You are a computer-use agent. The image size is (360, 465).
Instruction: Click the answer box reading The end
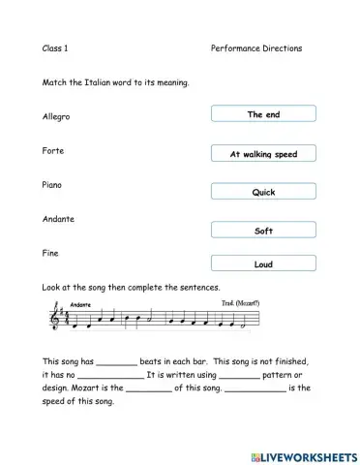263,114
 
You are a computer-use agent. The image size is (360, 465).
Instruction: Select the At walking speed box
263,154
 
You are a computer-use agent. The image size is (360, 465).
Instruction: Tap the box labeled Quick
263,192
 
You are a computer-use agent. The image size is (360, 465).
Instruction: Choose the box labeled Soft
263,232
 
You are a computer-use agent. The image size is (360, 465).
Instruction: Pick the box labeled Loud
263,263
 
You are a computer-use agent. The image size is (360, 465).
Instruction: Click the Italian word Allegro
56,117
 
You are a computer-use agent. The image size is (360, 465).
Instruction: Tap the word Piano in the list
52,184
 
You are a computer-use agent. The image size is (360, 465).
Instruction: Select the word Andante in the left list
58,219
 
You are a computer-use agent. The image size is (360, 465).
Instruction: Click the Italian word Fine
50,253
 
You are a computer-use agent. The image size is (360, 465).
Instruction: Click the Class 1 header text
55,47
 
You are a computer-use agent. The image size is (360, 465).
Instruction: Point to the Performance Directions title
255,47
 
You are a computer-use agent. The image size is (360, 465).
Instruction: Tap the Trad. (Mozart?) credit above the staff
240,302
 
